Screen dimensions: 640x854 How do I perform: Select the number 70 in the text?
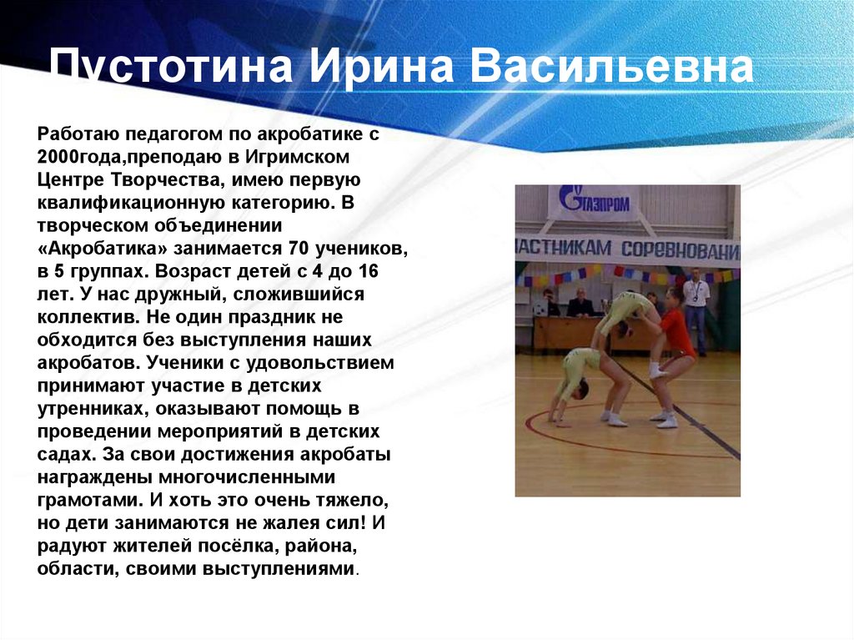tap(299, 249)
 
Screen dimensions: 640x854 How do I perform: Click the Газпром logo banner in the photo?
tap(595, 202)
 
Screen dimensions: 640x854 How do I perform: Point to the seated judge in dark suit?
tap(580, 304)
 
